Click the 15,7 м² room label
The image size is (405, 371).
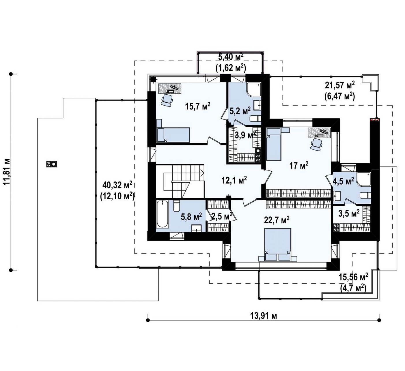[x=198, y=106]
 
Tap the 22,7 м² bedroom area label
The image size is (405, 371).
[x=277, y=220]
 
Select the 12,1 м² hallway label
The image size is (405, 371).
[x=234, y=180]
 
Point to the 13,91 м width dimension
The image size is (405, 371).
[x=264, y=316]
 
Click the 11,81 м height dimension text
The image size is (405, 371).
[x=7, y=172]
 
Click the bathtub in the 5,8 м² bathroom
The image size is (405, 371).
[x=162, y=214]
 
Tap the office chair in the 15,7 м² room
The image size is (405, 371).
[x=167, y=100]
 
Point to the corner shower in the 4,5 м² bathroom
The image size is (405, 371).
[x=364, y=179]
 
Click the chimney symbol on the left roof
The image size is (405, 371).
[x=52, y=164]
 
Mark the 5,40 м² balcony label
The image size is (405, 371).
[x=231, y=63]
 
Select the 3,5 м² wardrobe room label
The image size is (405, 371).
[x=349, y=213]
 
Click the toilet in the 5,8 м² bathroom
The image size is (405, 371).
[x=176, y=206]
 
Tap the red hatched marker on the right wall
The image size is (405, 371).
[x=375, y=120]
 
